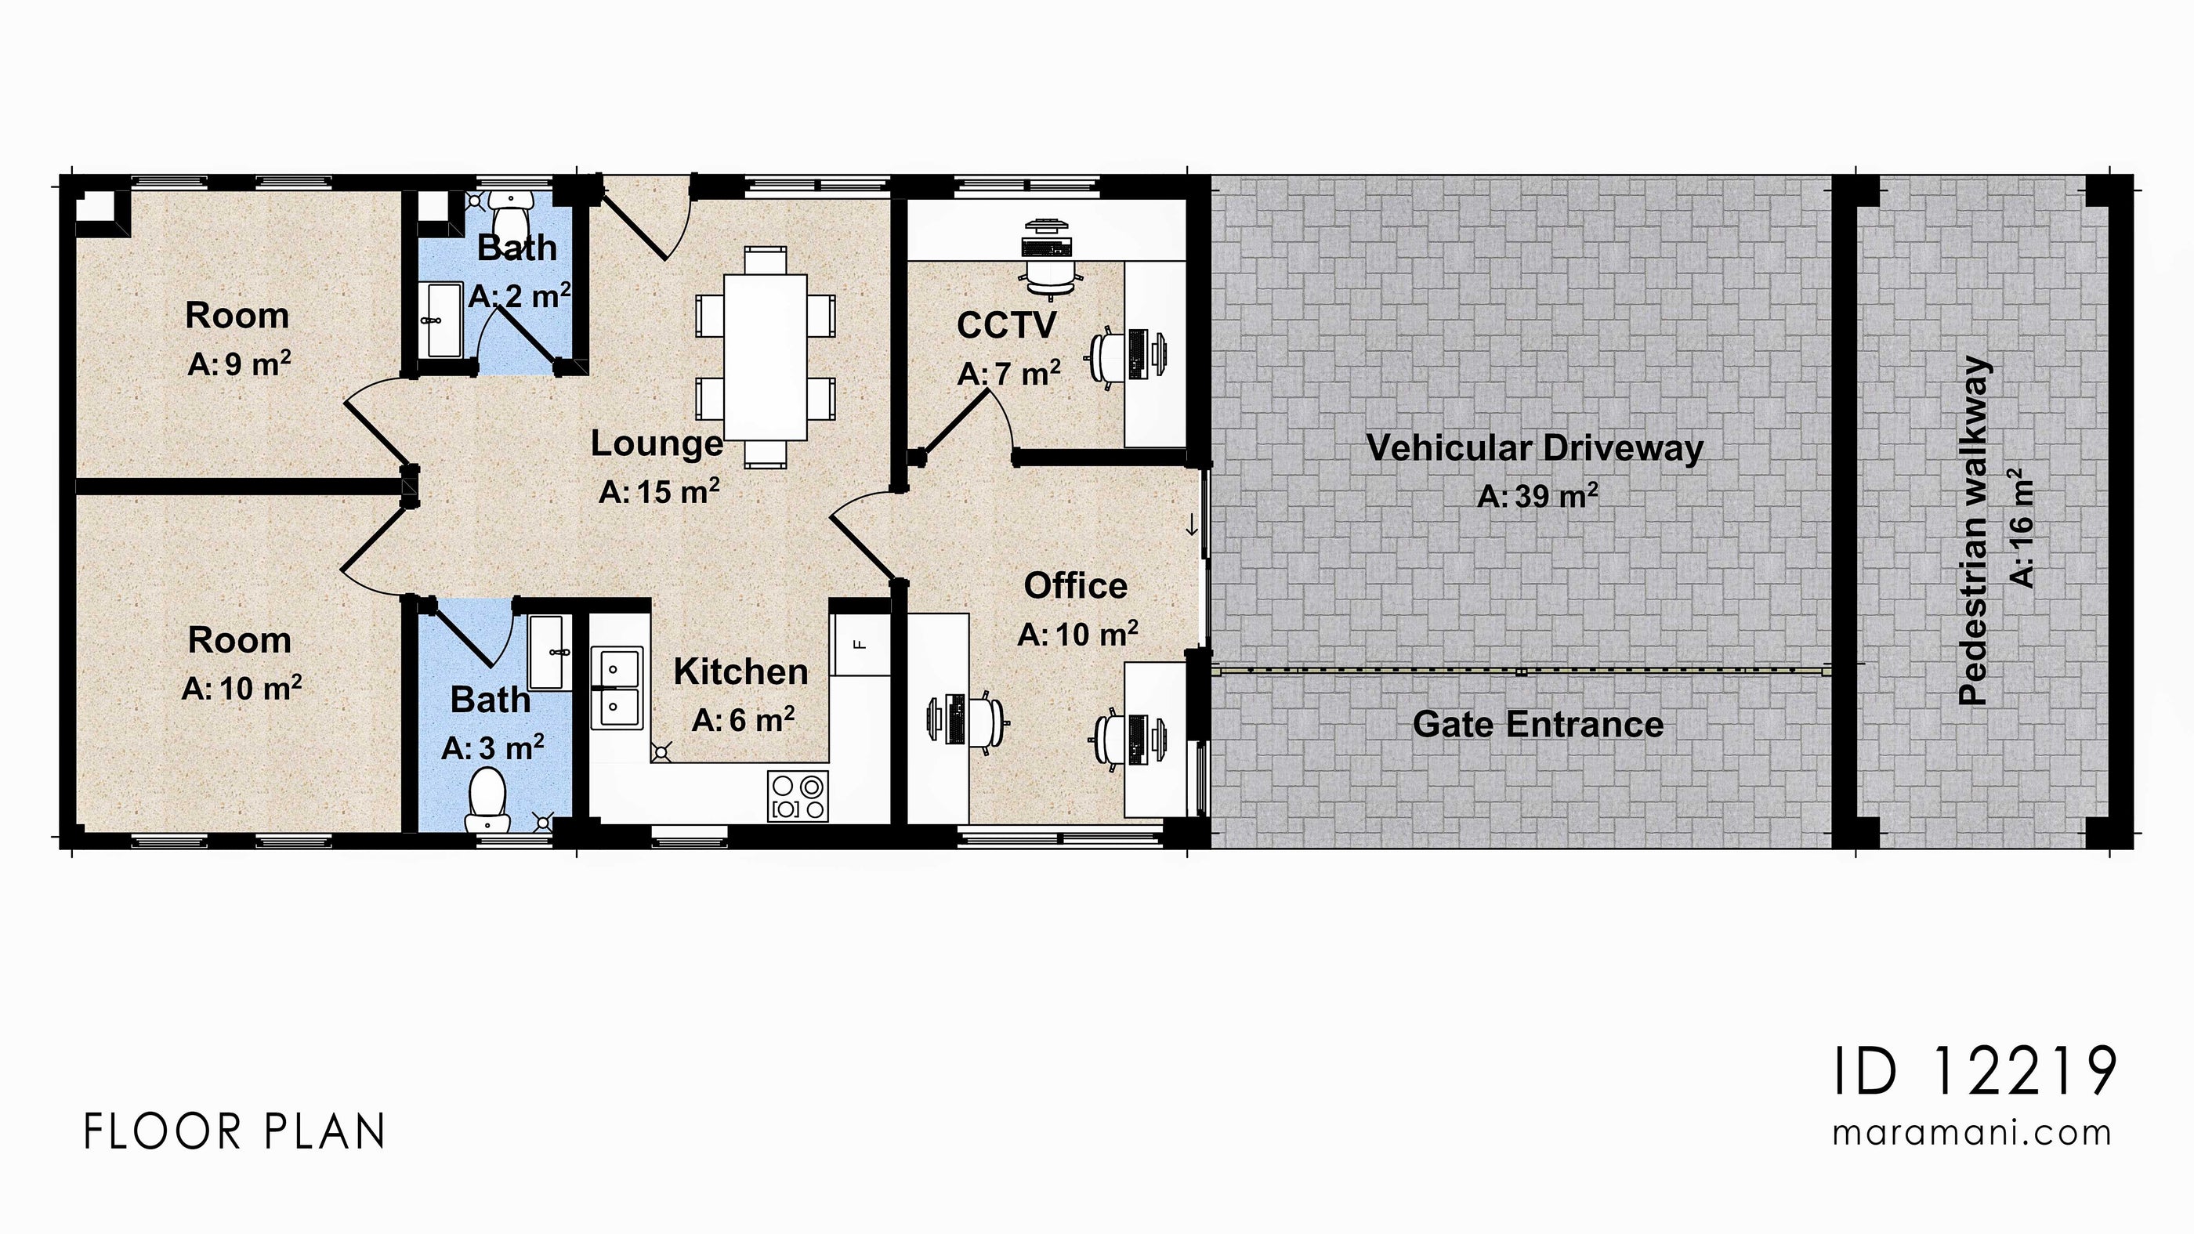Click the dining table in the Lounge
click(765, 356)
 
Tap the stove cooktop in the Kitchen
click(797, 796)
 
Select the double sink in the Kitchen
click(616, 687)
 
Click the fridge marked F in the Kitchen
click(860, 644)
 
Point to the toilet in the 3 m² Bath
click(487, 798)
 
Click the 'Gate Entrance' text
click(1537, 725)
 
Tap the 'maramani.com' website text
click(1971, 1133)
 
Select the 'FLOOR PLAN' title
click(235, 1133)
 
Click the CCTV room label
click(1006, 325)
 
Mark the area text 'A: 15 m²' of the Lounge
click(659, 491)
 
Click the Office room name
click(1075, 586)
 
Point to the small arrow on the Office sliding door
click(1192, 526)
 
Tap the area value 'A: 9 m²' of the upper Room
click(239, 364)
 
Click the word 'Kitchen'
click(741, 672)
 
